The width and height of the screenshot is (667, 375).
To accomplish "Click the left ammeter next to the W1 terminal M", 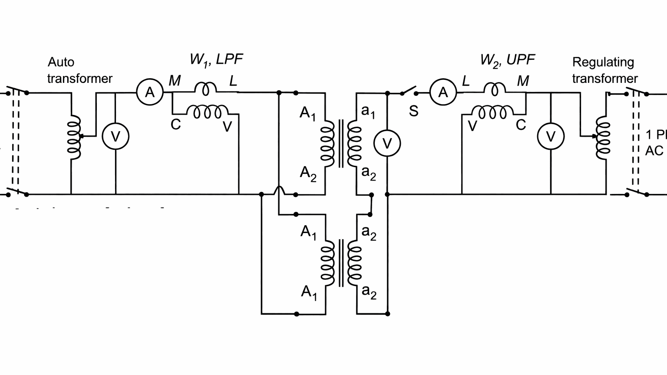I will click(149, 92).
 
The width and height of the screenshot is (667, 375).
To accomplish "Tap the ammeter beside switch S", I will click(443, 92).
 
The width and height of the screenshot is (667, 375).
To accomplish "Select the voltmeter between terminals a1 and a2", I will click(387, 143).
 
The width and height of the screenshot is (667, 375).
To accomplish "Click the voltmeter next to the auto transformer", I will click(115, 137).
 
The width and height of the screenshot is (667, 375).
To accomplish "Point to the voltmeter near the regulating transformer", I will click(551, 137).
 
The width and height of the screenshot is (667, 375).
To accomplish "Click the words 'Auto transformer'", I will click(79, 70).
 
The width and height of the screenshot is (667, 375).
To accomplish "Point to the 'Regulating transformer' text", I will click(604, 70).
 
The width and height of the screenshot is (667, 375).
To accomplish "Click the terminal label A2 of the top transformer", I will click(308, 173).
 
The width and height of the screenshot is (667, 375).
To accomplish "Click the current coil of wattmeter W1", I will click(205, 88).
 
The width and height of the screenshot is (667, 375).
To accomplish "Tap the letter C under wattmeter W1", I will click(175, 125).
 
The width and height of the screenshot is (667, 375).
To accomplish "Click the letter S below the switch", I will click(413, 112).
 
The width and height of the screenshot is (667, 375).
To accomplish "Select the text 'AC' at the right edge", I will click(654, 151).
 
